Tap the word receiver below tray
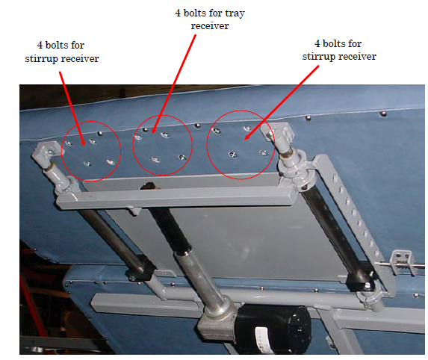pos(210,25)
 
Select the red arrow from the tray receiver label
pos(174,84)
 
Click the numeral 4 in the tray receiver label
pos(178,13)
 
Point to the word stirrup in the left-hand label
pos(42,59)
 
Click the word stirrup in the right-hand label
pos(319,57)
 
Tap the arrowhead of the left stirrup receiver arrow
pos(82,141)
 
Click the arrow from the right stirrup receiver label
pos(282,102)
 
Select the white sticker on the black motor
pos(261,339)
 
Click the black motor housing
pos(273,329)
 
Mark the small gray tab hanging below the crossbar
pos(134,211)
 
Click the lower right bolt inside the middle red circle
pos(182,157)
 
